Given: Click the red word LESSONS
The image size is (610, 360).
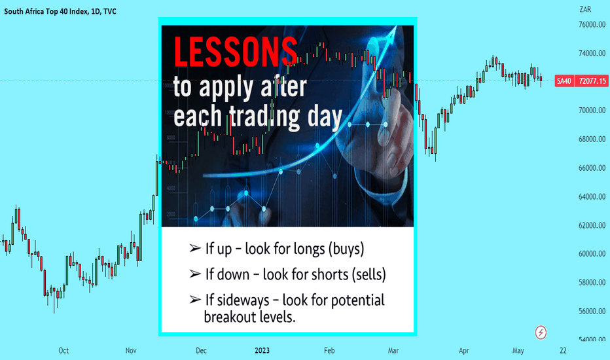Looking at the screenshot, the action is point(236,52).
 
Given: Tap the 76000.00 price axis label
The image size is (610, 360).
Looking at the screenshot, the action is point(592,24).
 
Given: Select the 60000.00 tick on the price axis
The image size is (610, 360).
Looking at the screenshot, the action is point(592,254).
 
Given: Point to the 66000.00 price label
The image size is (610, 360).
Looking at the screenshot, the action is point(592,168).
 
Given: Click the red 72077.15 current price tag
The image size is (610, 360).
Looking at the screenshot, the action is point(592,81).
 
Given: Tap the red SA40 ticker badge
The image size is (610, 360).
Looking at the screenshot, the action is point(564,81).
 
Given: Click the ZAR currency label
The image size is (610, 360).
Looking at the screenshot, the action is point(585,9).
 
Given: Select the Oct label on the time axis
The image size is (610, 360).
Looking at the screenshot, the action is point(63,351).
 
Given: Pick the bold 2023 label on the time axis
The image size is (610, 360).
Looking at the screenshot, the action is point(262,351).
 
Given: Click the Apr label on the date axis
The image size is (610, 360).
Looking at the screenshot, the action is point(464,351).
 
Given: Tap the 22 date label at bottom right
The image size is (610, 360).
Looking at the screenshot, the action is point(564,351).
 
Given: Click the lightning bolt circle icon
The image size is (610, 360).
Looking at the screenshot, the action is point(541,333).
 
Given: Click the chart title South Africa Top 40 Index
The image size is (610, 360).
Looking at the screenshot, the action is point(46,12).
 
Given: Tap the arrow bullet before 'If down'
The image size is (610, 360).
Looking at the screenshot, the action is point(195,274).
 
